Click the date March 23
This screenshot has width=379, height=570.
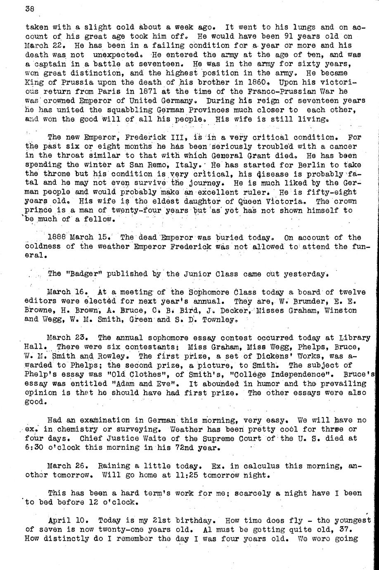pyautogui.click(x=66, y=337)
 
